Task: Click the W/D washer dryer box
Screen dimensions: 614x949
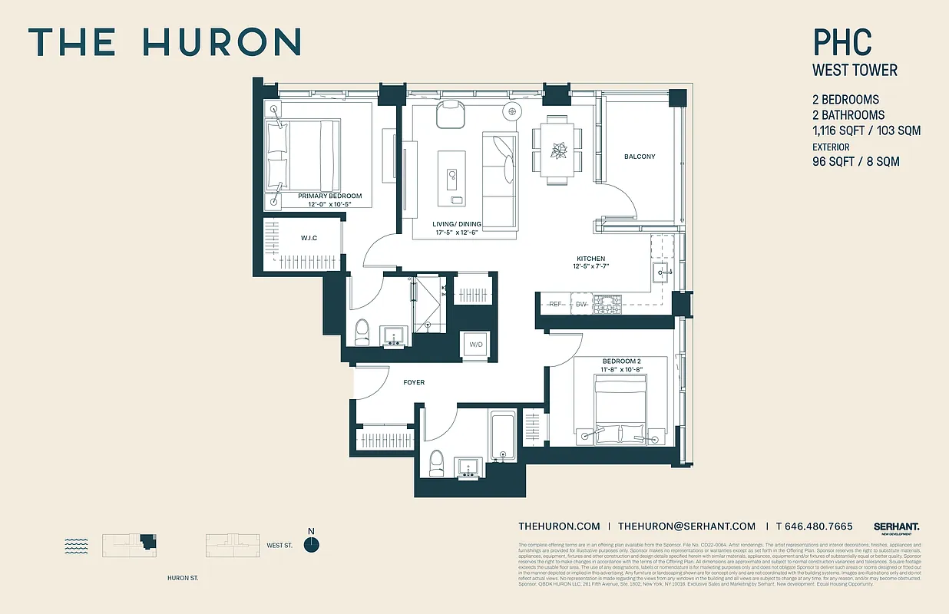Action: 476,345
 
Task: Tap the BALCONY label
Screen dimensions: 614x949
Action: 640,157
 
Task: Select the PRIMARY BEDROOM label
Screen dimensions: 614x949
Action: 329,196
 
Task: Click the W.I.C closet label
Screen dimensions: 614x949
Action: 309,239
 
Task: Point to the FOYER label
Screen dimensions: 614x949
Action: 413,382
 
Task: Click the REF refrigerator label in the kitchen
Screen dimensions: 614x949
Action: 556,305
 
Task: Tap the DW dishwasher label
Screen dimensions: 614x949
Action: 581,305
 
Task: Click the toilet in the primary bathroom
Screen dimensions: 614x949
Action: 362,332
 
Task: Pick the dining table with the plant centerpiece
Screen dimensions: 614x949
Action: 557,150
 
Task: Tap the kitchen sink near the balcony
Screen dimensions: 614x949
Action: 662,271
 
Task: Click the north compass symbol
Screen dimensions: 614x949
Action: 311,544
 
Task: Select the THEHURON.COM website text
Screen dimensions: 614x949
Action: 559,526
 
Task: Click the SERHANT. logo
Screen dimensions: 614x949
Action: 896,527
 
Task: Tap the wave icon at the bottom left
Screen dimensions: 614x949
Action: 77,546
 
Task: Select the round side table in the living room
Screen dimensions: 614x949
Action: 512,112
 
